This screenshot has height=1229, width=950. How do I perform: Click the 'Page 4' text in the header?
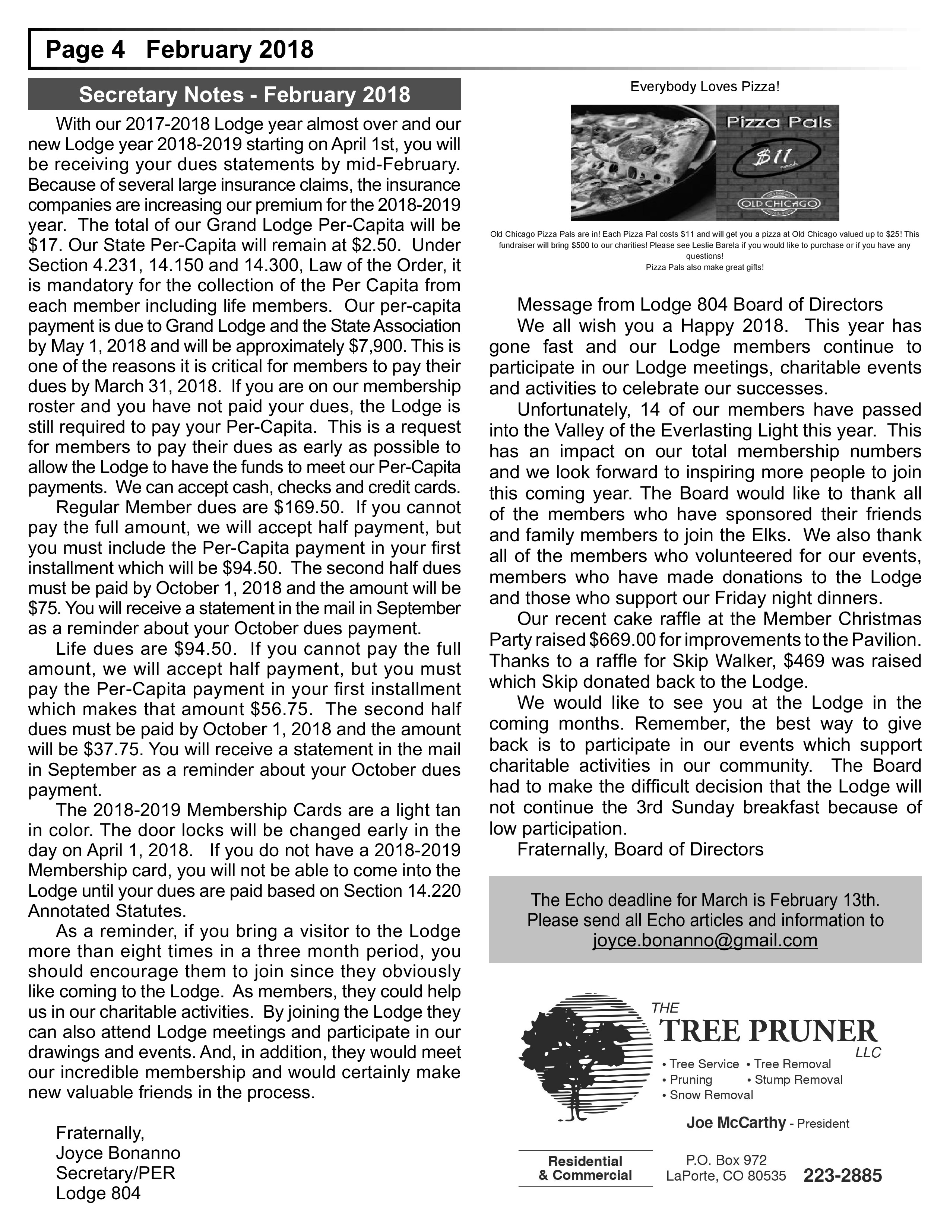pos(85,50)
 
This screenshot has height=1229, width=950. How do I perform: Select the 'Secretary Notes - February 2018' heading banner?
pos(244,94)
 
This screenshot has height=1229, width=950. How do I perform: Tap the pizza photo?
pos(643,163)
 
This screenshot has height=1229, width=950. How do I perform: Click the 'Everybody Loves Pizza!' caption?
pos(704,87)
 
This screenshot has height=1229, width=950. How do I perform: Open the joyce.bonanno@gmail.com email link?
pos(704,940)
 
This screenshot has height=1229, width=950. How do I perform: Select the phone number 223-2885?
pos(842,1175)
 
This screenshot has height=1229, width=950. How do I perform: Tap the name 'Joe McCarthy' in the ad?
pos(735,1122)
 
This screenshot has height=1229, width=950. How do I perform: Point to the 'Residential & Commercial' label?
pos(585,1168)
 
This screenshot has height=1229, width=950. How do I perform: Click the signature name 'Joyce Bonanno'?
pos(118,1153)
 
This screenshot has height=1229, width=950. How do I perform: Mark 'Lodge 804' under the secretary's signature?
pos(98,1193)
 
